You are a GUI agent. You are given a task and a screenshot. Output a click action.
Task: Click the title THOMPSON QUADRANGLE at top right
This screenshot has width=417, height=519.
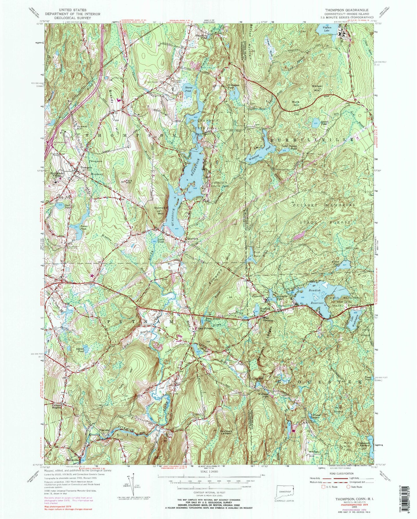coord(345,9)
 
